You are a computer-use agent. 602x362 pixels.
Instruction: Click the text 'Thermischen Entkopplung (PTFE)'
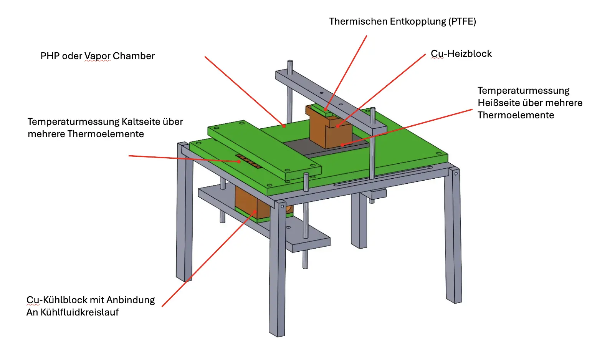(403, 22)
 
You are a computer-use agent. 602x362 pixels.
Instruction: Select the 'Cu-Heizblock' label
(461, 53)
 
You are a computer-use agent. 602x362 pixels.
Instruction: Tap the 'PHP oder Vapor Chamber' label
(98, 56)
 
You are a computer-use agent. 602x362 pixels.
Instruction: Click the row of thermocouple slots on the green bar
(249, 161)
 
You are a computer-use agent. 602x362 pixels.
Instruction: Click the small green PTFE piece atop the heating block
(322, 110)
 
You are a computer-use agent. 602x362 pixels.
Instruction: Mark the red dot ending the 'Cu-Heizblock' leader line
(337, 126)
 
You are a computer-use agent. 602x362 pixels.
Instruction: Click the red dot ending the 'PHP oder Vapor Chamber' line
(284, 126)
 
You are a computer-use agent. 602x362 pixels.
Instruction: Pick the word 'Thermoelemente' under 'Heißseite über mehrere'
(516, 115)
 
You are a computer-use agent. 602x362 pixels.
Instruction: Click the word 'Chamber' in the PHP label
(134, 56)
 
